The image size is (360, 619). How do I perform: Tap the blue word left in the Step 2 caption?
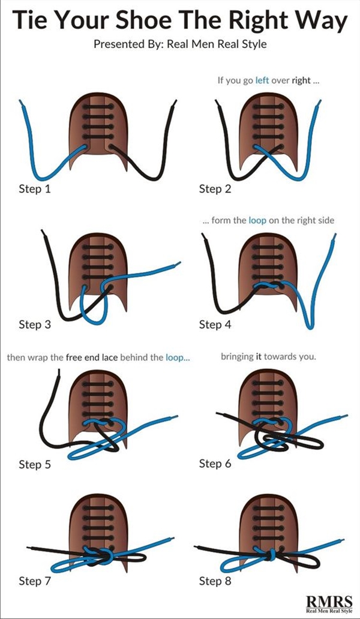262,79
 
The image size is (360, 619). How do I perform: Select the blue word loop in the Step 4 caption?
257,220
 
